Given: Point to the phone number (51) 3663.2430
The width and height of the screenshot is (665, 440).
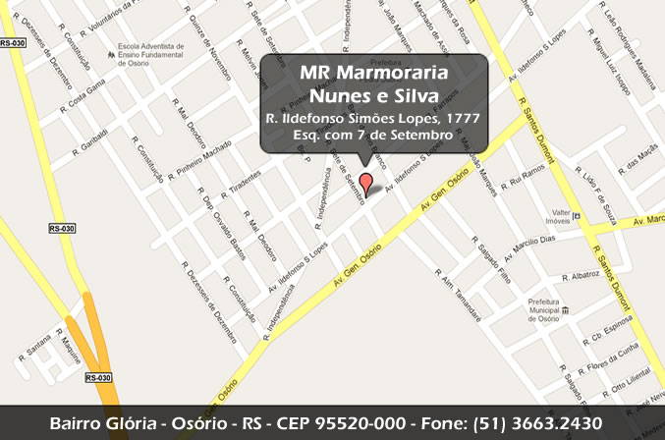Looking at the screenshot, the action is [x=536, y=422].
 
